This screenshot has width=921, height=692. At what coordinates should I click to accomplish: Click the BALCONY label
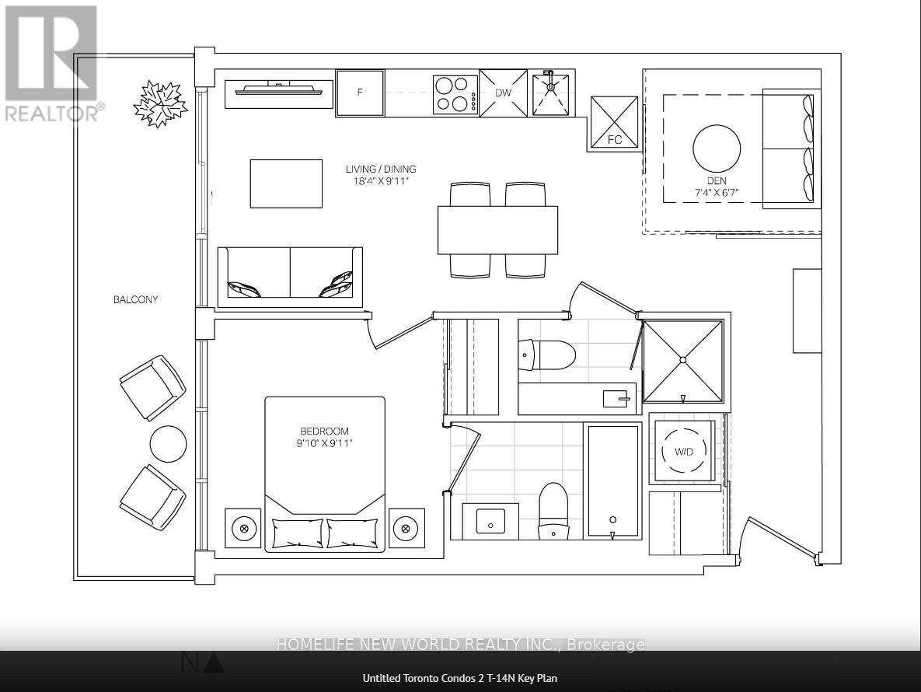(x=135, y=299)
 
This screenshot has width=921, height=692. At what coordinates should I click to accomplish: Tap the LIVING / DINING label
(x=381, y=175)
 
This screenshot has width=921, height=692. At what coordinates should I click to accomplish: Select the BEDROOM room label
(x=324, y=437)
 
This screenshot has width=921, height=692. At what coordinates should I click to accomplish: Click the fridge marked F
(x=360, y=93)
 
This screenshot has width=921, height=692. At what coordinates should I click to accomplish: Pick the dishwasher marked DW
(x=503, y=93)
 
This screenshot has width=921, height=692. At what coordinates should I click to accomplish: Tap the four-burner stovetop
(x=455, y=93)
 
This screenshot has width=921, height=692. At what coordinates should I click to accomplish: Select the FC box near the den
(x=614, y=122)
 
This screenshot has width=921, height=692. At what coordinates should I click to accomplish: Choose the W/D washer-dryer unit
(x=683, y=451)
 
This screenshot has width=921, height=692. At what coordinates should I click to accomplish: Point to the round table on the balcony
(x=168, y=444)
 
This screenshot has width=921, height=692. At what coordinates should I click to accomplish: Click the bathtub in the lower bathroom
(x=612, y=481)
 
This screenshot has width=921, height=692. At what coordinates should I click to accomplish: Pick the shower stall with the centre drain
(x=682, y=360)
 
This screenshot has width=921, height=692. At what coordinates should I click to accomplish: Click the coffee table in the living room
(x=286, y=183)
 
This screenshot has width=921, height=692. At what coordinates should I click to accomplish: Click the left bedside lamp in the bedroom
(x=243, y=529)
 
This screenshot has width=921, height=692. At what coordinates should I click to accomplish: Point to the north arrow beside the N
(x=215, y=663)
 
